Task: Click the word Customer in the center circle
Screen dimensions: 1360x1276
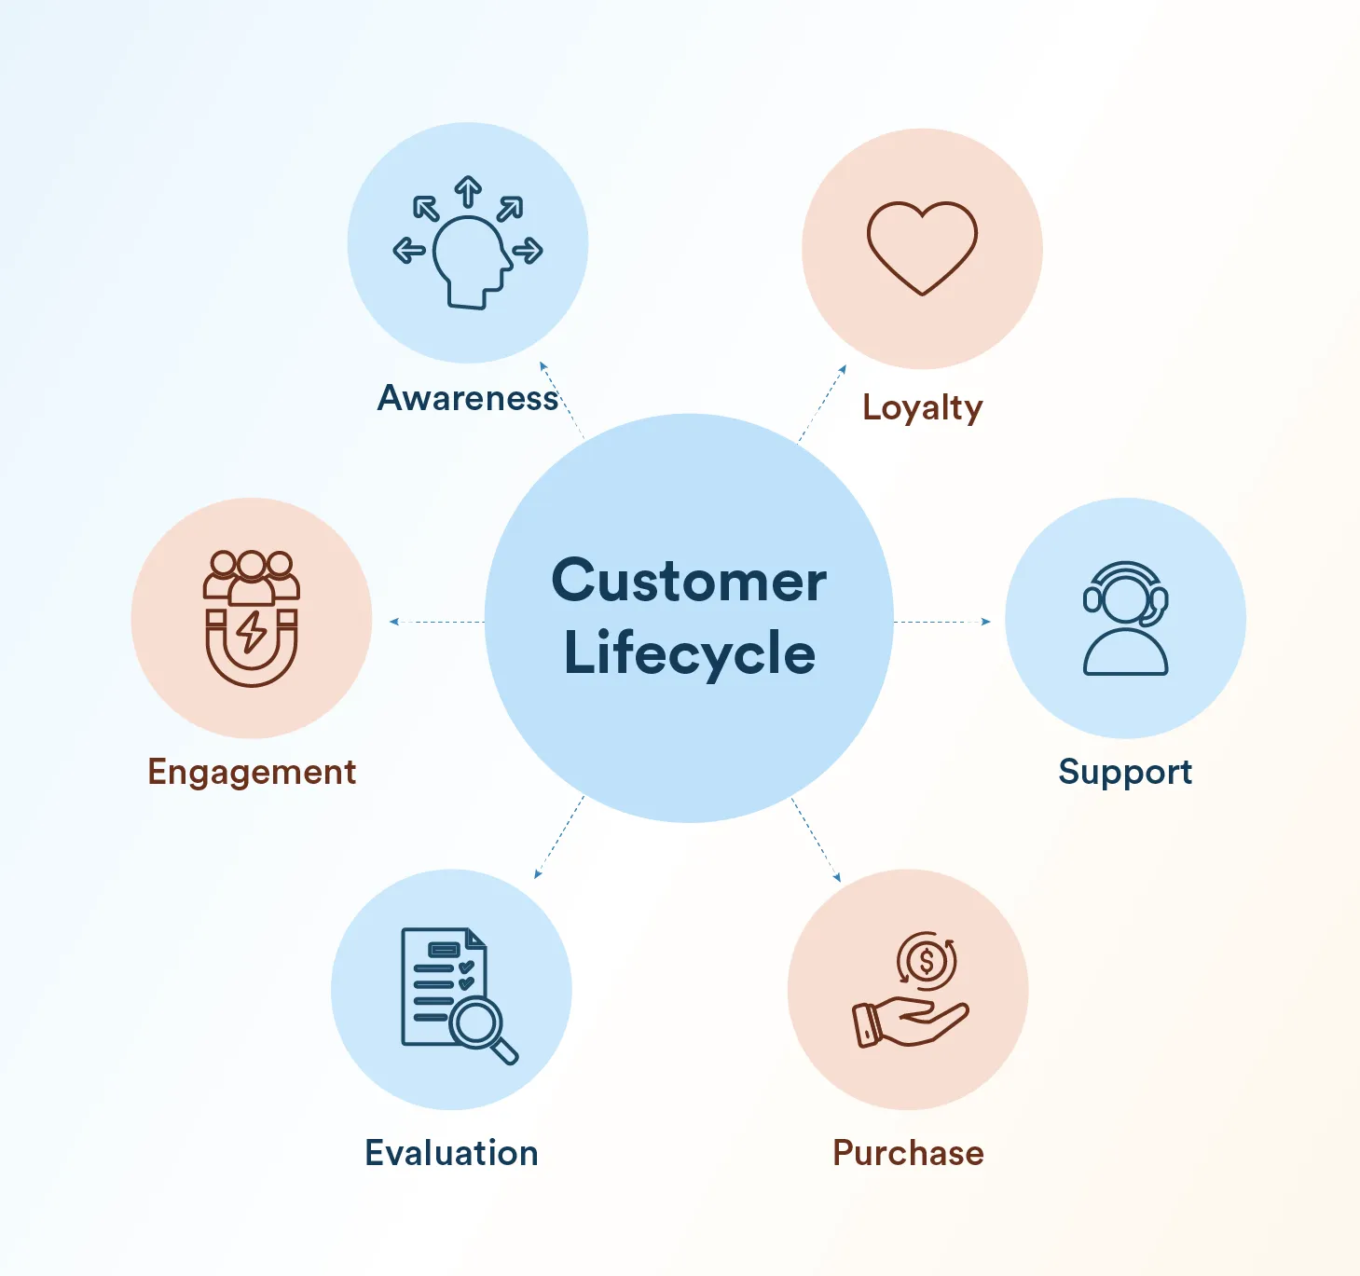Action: click(x=689, y=581)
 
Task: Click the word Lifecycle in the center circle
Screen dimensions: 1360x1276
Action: click(x=690, y=653)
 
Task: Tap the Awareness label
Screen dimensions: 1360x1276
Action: click(x=468, y=398)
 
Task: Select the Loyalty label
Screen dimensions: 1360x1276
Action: click(x=923, y=408)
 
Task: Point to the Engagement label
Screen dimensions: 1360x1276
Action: click(x=252, y=774)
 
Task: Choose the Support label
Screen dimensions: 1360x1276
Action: click(x=1125, y=774)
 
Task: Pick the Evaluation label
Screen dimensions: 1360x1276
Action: click(x=451, y=1153)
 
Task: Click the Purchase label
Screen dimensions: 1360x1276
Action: click(x=908, y=1153)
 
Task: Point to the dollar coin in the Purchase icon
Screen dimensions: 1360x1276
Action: click(x=927, y=961)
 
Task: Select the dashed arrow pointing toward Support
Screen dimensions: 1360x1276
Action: click(x=942, y=622)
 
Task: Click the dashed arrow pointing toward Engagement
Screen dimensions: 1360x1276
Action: click(x=437, y=622)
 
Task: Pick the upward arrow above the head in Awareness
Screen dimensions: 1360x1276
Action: click(x=468, y=192)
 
